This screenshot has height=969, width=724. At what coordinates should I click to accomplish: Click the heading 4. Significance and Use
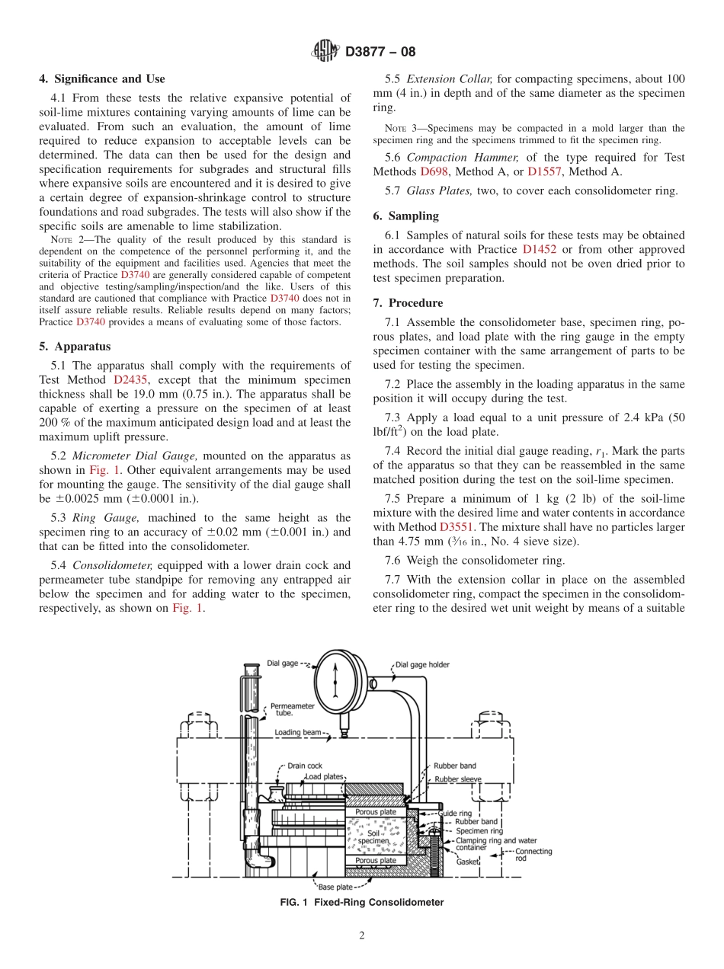[x=101, y=78]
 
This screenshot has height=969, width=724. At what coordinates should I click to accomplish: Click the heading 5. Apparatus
[x=75, y=346]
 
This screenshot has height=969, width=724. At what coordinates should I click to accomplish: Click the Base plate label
[x=335, y=887]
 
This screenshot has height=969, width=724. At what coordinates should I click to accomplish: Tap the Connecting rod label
[x=533, y=855]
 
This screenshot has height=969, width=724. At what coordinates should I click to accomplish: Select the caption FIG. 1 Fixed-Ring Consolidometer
[x=361, y=903]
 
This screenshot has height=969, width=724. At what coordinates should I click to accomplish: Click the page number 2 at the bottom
[x=362, y=936]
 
